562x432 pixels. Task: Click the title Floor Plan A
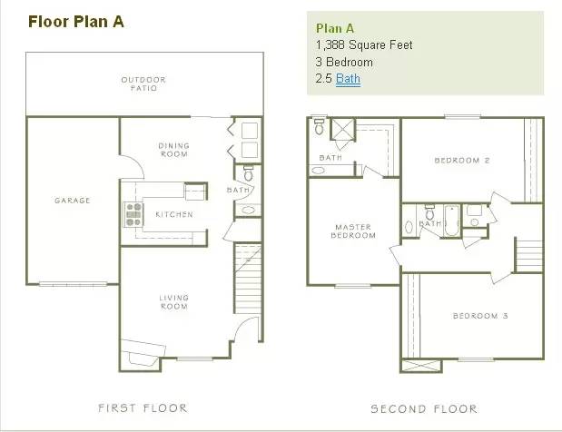click(76, 22)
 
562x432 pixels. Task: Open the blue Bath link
click(348, 78)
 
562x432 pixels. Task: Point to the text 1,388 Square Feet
click(364, 44)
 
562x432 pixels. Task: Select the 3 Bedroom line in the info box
click(344, 62)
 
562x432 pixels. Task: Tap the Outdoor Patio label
click(143, 83)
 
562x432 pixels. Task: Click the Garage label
click(73, 201)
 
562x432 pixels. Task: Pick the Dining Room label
click(173, 150)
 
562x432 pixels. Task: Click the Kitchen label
click(174, 214)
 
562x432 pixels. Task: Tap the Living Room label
click(173, 302)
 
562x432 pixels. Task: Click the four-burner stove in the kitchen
click(133, 214)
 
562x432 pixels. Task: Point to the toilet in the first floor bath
click(248, 172)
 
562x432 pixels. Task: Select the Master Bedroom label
click(353, 231)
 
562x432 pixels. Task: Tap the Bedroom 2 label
click(462, 160)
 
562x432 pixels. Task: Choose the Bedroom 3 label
click(480, 316)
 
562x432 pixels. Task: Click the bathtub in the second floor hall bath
click(451, 221)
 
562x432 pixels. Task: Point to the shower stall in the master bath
click(342, 129)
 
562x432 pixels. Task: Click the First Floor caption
click(143, 408)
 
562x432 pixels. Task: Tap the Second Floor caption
click(424, 408)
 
